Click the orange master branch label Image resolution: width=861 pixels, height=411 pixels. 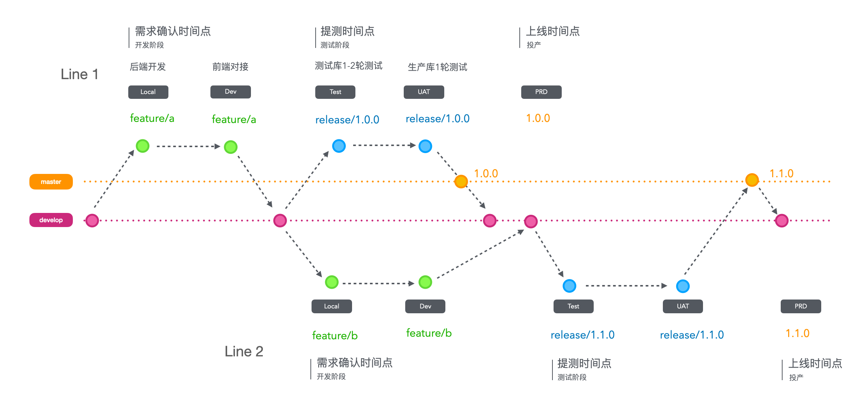click(x=51, y=182)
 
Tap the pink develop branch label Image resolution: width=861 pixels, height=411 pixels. click(x=51, y=220)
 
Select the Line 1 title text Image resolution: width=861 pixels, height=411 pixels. click(x=80, y=74)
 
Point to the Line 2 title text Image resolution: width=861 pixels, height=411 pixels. click(x=244, y=352)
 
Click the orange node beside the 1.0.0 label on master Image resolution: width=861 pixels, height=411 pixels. click(x=461, y=181)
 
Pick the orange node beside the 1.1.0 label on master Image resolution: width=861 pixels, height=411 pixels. click(x=752, y=180)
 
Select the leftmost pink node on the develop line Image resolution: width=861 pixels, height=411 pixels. click(x=92, y=221)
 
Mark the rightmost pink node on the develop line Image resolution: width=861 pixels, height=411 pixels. click(x=782, y=221)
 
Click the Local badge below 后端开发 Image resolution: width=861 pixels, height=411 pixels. click(x=148, y=92)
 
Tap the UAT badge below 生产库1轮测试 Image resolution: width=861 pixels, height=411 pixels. click(x=424, y=92)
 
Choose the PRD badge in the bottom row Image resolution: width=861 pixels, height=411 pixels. click(x=801, y=307)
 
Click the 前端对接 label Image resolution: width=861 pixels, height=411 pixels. click(x=230, y=67)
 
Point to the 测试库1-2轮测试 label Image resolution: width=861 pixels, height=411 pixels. click(x=349, y=66)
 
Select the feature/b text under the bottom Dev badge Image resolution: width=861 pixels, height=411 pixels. click(x=429, y=333)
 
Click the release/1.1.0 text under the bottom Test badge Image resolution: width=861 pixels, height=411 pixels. click(x=583, y=335)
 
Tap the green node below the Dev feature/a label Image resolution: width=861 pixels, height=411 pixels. click(x=231, y=147)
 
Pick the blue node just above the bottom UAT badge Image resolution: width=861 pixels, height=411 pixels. click(x=683, y=286)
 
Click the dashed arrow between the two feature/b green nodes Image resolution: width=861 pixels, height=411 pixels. click(x=378, y=284)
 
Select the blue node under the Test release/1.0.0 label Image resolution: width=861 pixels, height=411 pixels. click(x=339, y=146)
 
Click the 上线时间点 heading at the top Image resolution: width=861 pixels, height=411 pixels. click(x=553, y=31)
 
